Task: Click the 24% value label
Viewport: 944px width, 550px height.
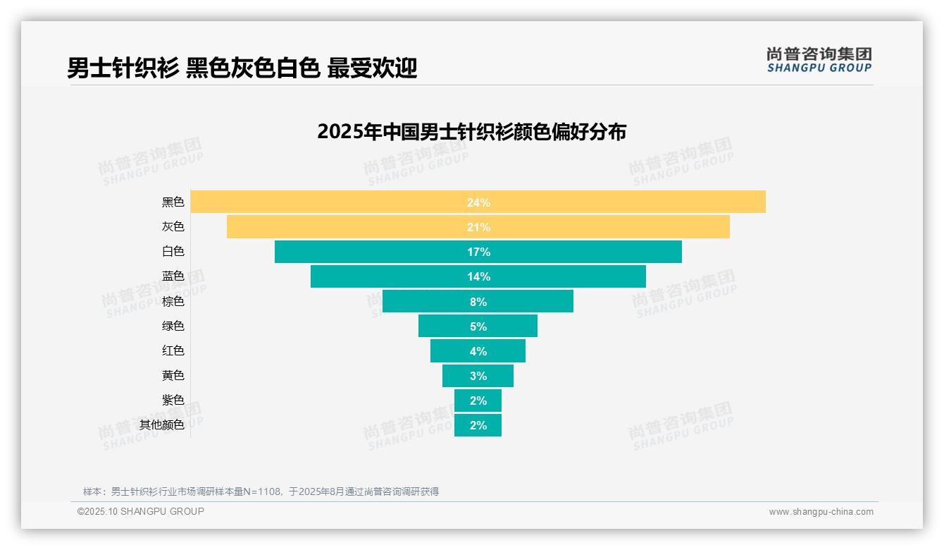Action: pos(478,202)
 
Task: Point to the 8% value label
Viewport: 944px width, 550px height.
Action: pos(478,302)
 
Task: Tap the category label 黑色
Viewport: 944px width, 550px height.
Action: pos(173,202)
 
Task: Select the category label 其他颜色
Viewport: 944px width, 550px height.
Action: pos(161,425)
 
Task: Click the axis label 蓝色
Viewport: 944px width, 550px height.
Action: pos(173,276)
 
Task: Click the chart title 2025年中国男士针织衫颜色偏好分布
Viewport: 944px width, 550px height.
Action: pos(471,132)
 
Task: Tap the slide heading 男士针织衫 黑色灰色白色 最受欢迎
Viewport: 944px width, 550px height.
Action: pos(242,68)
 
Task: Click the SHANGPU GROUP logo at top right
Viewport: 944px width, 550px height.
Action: pos(819,60)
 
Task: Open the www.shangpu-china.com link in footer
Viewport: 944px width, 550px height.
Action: pos(821,512)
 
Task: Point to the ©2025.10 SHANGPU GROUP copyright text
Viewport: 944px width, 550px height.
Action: pos(141,511)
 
